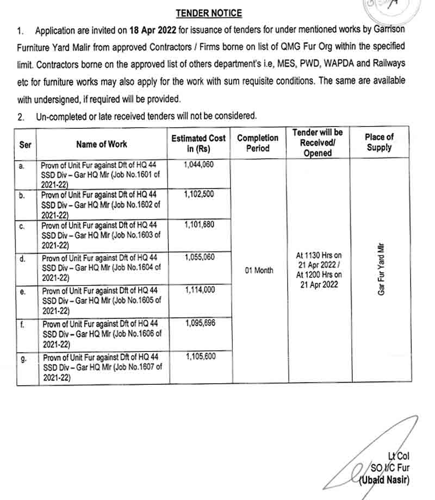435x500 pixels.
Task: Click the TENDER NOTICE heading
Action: point(209,14)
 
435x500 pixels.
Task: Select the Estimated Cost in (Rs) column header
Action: point(198,143)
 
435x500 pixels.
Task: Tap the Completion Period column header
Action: point(258,143)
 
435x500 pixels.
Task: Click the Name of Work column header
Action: point(102,144)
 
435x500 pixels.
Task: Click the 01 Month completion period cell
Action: point(259,270)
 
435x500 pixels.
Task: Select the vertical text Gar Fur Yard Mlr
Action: point(381,269)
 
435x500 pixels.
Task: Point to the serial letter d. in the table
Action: point(22,259)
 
